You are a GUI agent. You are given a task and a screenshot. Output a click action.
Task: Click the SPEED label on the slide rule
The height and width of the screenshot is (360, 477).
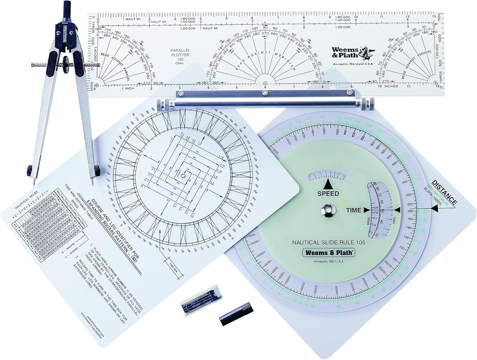tap(328, 193)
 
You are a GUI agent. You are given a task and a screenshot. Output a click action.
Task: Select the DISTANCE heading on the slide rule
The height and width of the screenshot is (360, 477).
tap(444, 192)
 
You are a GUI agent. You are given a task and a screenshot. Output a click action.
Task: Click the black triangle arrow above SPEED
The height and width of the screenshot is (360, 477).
tap(328, 184)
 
